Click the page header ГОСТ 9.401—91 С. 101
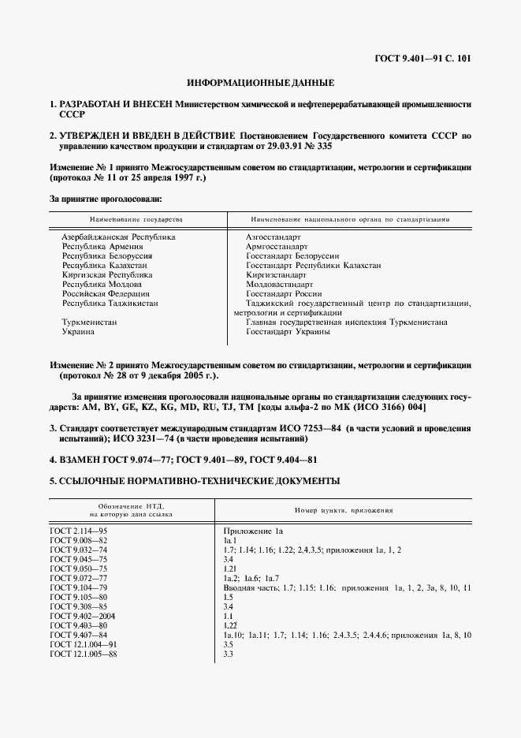point(424,58)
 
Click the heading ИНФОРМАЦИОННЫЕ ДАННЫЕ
point(260,82)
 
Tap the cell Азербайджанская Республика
point(118,237)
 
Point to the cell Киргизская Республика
point(107,275)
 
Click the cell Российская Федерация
point(106,294)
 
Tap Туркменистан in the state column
point(89,322)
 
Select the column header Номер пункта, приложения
point(343,510)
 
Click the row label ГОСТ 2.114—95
point(79,532)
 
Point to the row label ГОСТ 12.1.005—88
point(84,654)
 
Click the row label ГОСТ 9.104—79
point(79,587)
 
